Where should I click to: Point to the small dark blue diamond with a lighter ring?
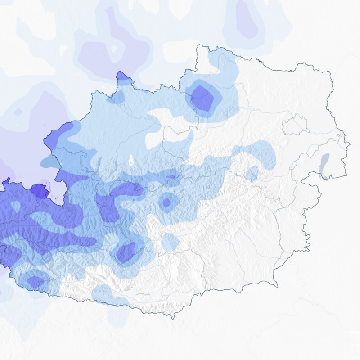pyautogui.click(x=166, y=202)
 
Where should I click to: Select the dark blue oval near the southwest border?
pyautogui.click(x=35, y=282)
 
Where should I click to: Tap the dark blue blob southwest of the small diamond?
pyautogui.click(x=126, y=252)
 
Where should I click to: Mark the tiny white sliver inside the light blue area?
pyautogui.click(x=131, y=160)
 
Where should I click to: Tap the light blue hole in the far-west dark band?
pyautogui.click(x=16, y=206)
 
